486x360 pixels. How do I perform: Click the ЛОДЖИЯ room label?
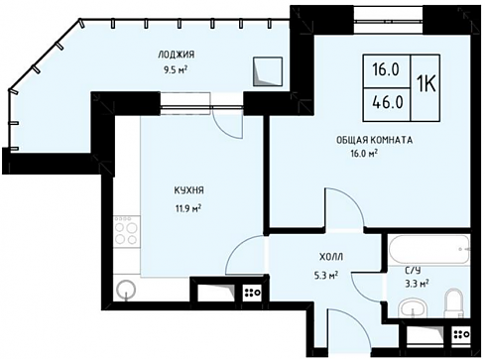[x=176, y=55]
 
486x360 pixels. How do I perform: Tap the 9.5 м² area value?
[x=176, y=70]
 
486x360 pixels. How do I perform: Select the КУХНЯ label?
[x=188, y=190]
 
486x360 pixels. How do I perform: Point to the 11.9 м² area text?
[x=188, y=208]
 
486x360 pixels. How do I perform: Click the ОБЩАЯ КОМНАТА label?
[x=374, y=140]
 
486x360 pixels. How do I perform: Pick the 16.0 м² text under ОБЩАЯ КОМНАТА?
[x=364, y=154]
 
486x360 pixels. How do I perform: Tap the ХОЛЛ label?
[x=331, y=257]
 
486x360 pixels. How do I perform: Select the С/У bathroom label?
[x=413, y=271]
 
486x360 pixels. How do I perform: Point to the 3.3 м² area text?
[x=418, y=283]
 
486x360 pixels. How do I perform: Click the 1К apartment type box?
[x=425, y=87]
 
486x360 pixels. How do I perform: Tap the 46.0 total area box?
[x=387, y=105]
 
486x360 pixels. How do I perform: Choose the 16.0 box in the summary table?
[x=387, y=71]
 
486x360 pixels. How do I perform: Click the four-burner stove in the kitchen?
[x=127, y=231]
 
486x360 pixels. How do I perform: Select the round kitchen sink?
[x=126, y=290]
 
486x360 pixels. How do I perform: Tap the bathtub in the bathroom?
[x=429, y=250]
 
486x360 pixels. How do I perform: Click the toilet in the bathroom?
[x=454, y=303]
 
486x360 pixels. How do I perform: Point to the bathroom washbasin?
[x=413, y=310]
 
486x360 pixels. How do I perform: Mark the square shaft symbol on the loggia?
[x=268, y=71]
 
